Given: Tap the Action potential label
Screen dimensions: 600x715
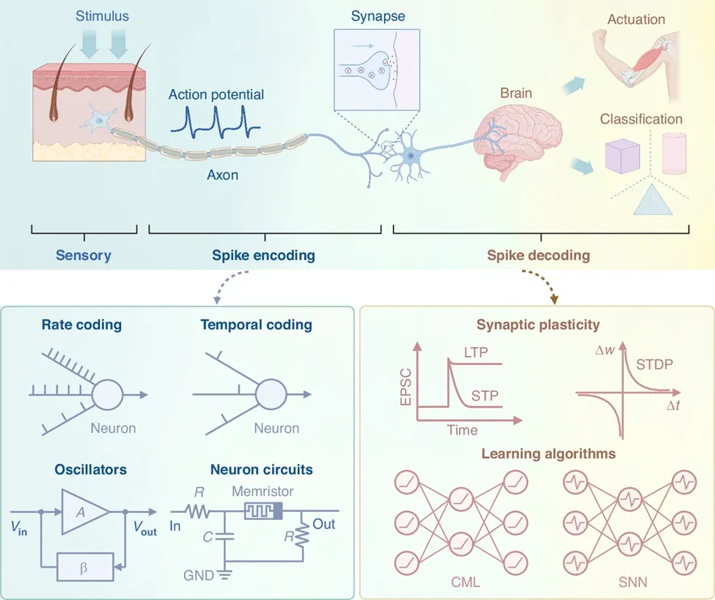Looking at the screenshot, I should click(215, 94).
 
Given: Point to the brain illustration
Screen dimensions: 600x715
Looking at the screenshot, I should click(509, 133).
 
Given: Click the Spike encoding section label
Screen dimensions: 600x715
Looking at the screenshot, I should click(263, 255).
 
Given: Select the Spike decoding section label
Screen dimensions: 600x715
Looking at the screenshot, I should click(538, 255).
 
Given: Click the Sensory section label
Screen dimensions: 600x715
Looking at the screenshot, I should click(83, 255).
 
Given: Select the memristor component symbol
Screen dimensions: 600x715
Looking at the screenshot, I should click(262, 510).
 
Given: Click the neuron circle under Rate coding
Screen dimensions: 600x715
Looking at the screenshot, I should click(108, 396).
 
